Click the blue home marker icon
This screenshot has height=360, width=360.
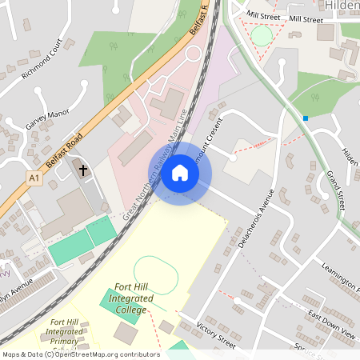(180, 173)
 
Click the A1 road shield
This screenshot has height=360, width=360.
(33, 176)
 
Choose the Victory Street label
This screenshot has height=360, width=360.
(215, 334)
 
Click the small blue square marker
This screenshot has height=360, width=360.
(306, 118)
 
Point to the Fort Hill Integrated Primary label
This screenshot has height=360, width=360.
(66, 332)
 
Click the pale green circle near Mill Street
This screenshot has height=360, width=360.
(262, 35)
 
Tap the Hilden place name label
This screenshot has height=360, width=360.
(342, 6)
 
